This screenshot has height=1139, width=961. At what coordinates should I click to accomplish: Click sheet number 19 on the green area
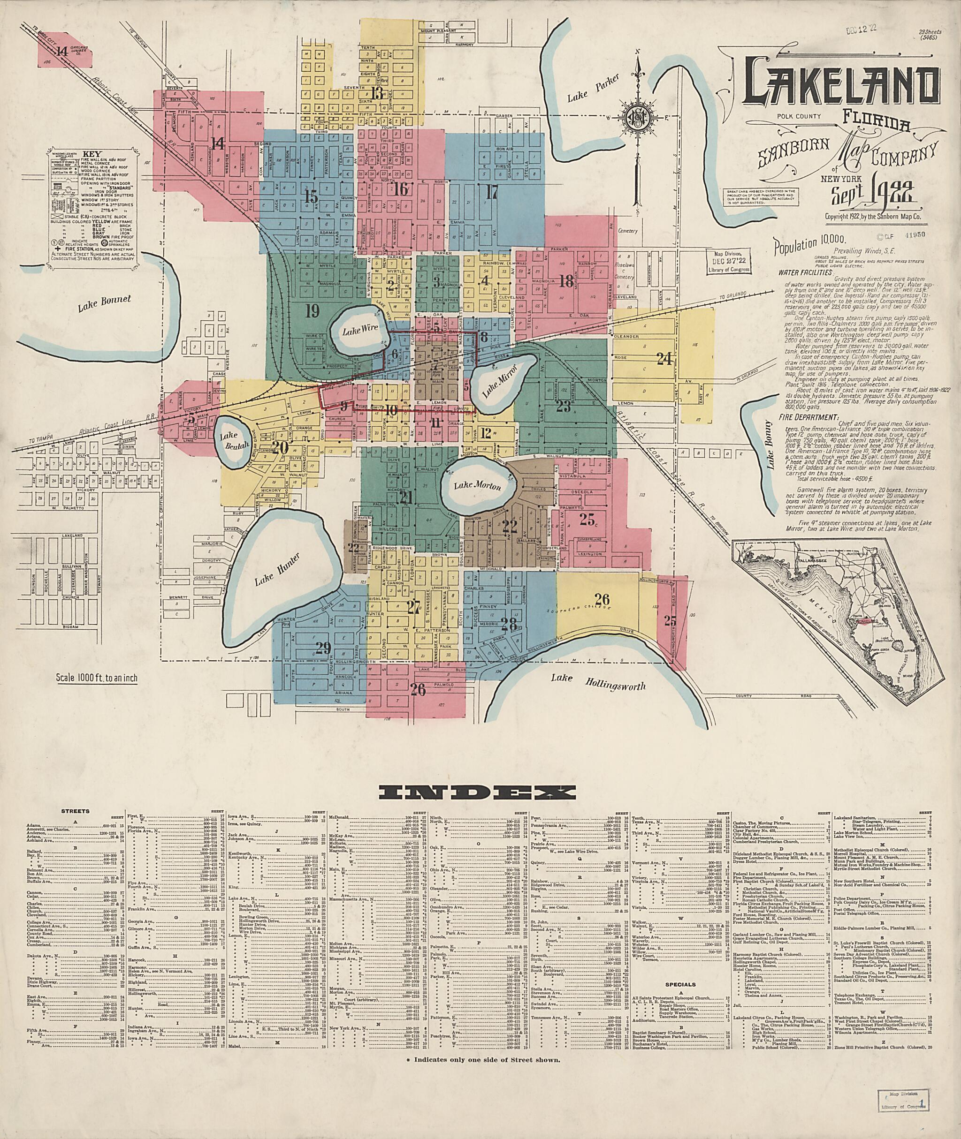coord(312,312)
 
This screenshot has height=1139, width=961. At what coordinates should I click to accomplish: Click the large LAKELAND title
coord(841,86)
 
